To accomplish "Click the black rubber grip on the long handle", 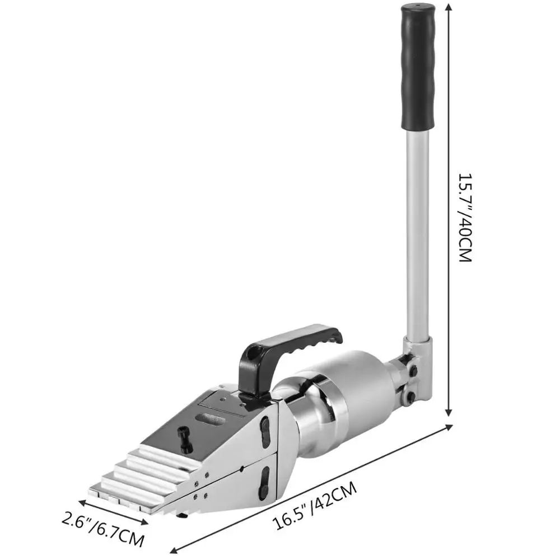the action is tap(418, 67).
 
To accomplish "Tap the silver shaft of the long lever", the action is tap(418, 232).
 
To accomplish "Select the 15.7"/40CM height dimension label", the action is tap(465, 218).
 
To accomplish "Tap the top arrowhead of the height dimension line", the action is tap(449, 6).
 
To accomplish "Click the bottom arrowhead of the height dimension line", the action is tap(449, 412).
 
